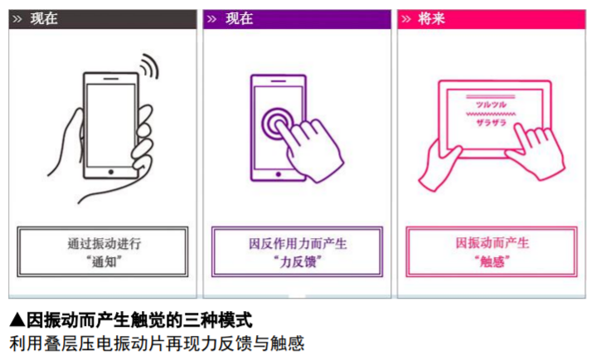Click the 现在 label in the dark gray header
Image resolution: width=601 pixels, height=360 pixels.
pyautogui.click(x=44, y=19)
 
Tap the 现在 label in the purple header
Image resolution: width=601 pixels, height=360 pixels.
pyautogui.click(x=240, y=19)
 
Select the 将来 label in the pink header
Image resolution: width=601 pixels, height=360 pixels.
pyautogui.click(x=431, y=19)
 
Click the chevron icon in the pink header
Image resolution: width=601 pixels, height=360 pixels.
pyautogui.click(x=406, y=19)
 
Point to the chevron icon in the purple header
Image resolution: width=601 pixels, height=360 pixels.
pyautogui.click(x=211, y=19)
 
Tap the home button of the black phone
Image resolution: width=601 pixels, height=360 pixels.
pyautogui.click(x=111, y=172)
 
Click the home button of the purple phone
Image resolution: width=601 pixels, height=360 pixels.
pyautogui.click(x=279, y=174)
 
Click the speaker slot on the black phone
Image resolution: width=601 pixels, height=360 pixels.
pyautogui.click(x=111, y=79)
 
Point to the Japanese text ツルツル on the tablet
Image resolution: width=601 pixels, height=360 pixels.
pyautogui.click(x=491, y=105)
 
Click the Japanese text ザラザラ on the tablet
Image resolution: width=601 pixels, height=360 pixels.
pyautogui.click(x=491, y=123)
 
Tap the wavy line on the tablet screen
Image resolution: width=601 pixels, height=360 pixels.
pyautogui.click(x=491, y=114)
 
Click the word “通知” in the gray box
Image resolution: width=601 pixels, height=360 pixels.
pyautogui.click(x=104, y=262)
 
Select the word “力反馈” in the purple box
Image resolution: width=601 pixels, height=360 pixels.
pyautogui.click(x=298, y=262)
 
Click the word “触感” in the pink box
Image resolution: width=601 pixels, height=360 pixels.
pyautogui.click(x=492, y=261)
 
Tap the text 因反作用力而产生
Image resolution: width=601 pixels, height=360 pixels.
pyautogui.click(x=298, y=244)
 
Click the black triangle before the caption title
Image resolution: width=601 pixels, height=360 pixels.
pyautogui.click(x=17, y=319)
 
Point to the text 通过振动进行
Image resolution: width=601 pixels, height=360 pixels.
pyautogui.click(x=104, y=244)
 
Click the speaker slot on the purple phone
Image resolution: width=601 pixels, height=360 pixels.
pyautogui.click(x=279, y=81)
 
